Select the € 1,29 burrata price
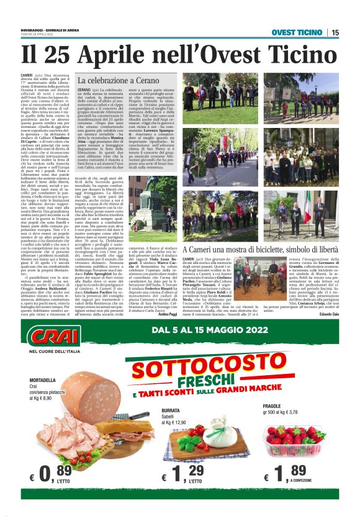point(184,475)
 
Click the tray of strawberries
point(299,438)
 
